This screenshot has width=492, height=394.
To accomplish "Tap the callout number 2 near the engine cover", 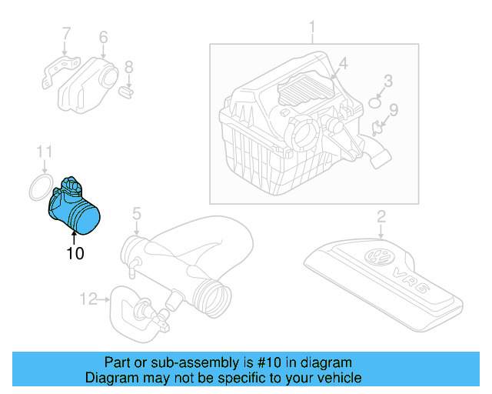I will [381, 217].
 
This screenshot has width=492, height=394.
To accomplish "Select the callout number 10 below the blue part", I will [75, 252].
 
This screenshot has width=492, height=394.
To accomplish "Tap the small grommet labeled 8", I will [128, 92].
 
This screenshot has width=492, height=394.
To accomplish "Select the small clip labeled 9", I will [378, 128].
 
